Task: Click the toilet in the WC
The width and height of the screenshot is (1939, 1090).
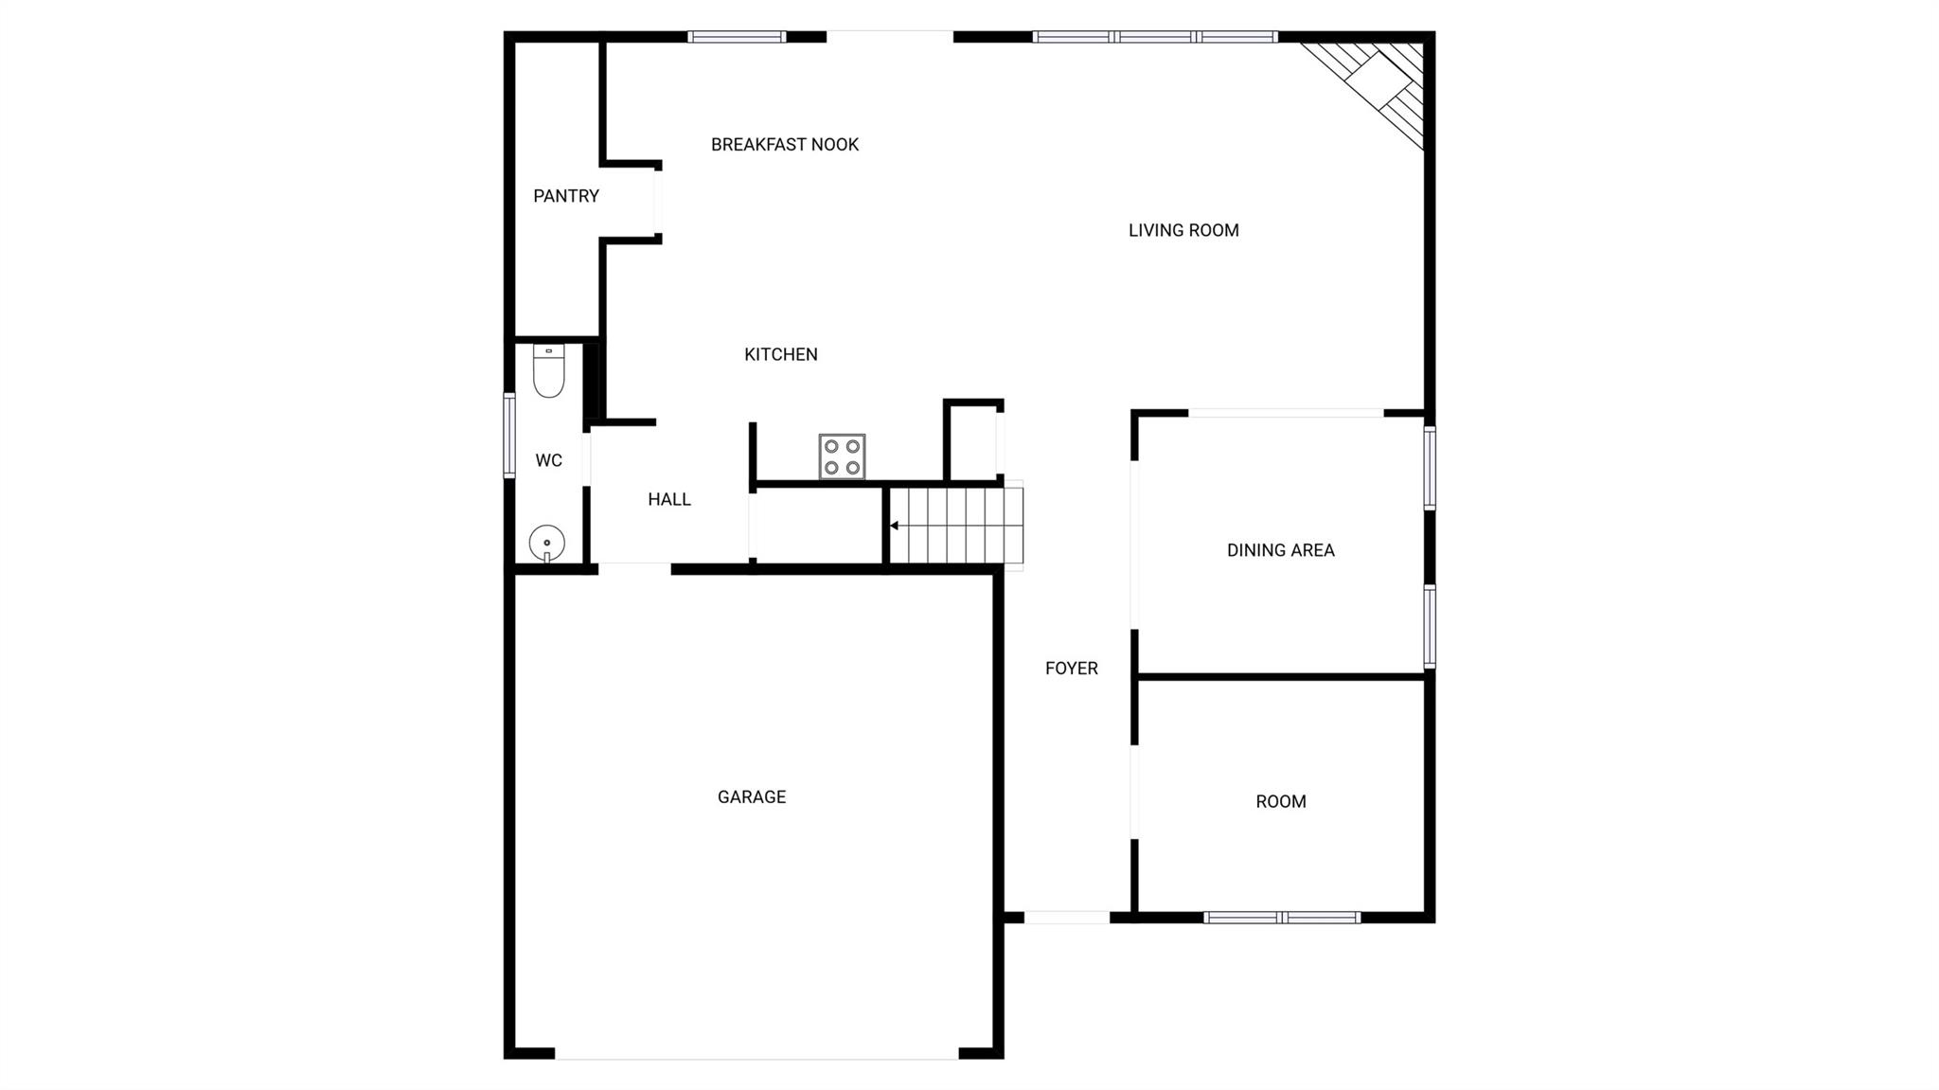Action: click(549, 371)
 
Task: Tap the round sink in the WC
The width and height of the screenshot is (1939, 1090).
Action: click(547, 544)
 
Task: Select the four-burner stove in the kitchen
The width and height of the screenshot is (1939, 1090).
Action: click(842, 456)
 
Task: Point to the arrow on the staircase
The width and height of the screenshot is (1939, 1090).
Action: click(895, 526)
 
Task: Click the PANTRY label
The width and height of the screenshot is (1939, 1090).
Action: click(566, 196)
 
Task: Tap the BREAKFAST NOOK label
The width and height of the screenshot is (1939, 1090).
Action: click(785, 145)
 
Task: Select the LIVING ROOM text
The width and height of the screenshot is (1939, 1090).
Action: click(1183, 230)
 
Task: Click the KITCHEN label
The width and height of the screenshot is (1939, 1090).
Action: click(781, 354)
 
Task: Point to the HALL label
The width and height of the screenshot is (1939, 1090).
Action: click(669, 499)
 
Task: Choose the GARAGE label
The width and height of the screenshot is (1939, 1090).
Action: click(752, 797)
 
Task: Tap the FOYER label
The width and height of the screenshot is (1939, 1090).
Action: click(1072, 669)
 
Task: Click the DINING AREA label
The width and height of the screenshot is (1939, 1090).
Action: click(1281, 550)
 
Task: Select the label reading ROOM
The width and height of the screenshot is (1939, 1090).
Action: click(1281, 802)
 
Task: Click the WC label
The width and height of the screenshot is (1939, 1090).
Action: click(549, 460)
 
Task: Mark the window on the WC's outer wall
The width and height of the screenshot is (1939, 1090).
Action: click(509, 436)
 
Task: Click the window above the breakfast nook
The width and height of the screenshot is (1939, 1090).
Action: click(737, 37)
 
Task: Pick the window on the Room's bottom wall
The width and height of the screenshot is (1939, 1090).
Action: click(1282, 917)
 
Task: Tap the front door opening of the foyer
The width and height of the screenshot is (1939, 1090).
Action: click(1067, 917)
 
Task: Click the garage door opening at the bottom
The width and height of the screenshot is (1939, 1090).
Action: click(756, 1053)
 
